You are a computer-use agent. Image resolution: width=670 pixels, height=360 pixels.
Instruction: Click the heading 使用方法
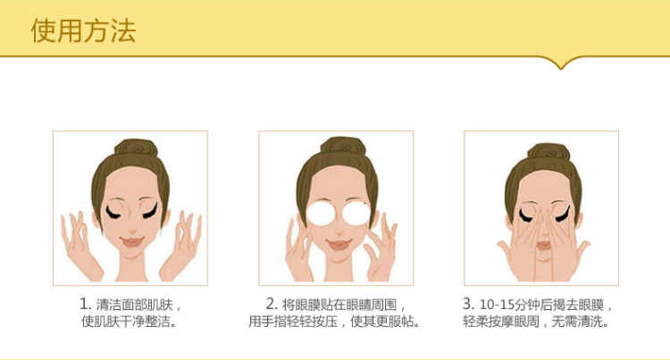pyautogui.click(x=83, y=30)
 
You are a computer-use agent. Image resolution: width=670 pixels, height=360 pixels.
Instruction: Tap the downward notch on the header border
pyautogui.click(x=561, y=64)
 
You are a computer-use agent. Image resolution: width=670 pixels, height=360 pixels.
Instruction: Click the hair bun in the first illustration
pyautogui.click(x=137, y=147)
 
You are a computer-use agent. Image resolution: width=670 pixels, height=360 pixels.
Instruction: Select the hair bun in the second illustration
pyautogui.click(x=343, y=146)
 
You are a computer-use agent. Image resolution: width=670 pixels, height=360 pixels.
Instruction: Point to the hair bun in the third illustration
pyautogui.click(x=549, y=152)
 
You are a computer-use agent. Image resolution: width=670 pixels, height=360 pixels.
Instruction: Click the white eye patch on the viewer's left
pyautogui.click(x=322, y=213)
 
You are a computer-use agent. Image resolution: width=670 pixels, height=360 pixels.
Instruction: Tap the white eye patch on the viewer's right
pyautogui.click(x=356, y=213)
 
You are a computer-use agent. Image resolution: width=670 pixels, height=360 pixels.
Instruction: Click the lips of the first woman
pyautogui.click(x=132, y=242)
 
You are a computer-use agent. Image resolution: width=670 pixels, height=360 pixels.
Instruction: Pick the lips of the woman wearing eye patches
pyautogui.click(x=339, y=245)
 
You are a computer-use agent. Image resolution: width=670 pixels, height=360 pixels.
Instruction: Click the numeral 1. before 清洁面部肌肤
pyautogui.click(x=86, y=304)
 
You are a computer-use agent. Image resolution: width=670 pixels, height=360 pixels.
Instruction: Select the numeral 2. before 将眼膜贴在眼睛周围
pyautogui.click(x=272, y=304)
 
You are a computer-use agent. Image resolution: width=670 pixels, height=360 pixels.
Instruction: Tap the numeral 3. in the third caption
pyautogui.click(x=469, y=304)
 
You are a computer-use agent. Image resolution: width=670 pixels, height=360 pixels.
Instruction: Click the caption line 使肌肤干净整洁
pyautogui.click(x=130, y=321)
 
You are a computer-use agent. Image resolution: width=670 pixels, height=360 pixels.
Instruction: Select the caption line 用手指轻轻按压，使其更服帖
pyautogui.click(x=335, y=321)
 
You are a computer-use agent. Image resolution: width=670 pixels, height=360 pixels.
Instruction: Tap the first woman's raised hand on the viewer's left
pyautogui.click(x=79, y=243)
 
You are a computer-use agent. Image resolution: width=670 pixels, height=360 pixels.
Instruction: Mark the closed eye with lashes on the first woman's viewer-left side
pyautogui.click(x=113, y=212)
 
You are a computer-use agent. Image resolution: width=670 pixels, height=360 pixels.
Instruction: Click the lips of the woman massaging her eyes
pyautogui.click(x=543, y=246)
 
